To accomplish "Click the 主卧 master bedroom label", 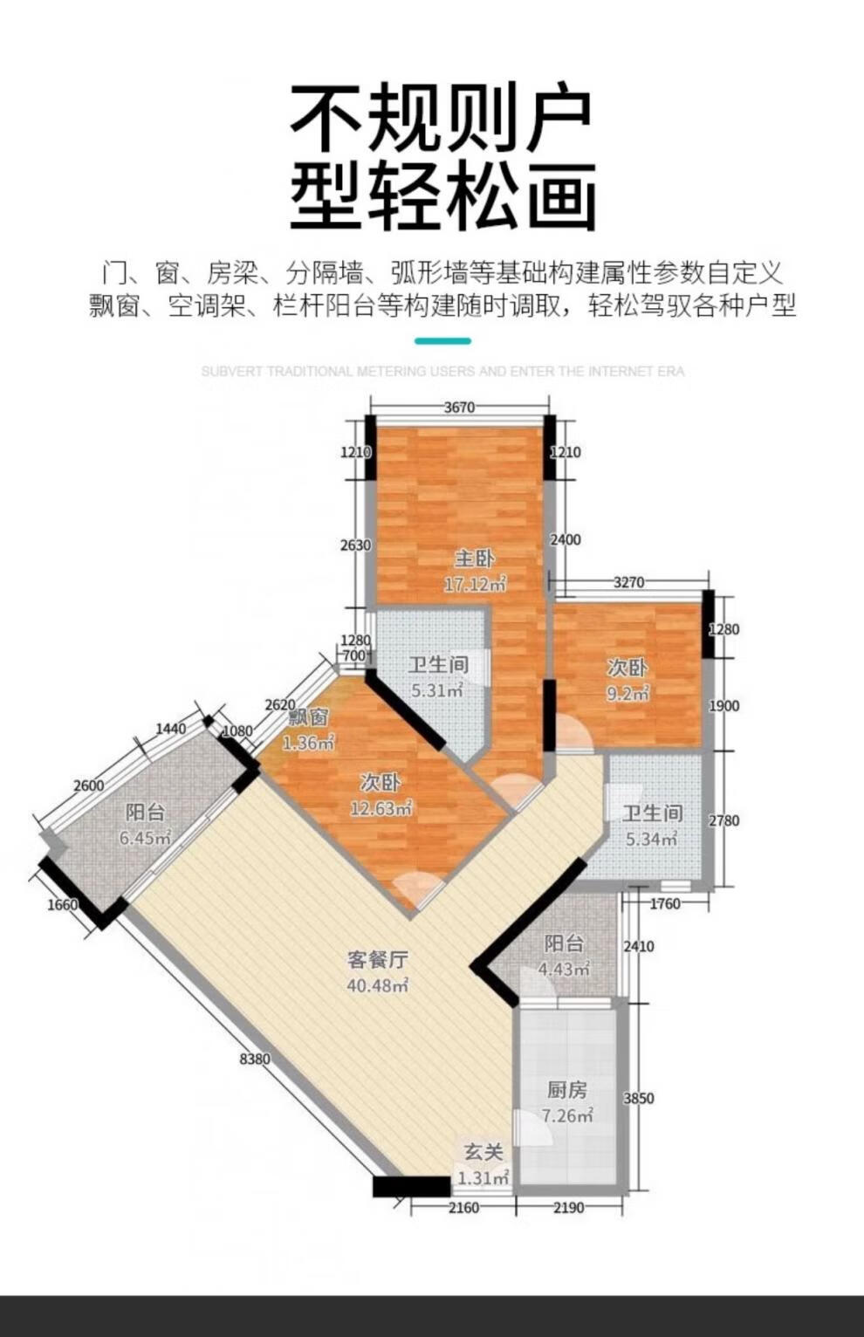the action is (x=475, y=559).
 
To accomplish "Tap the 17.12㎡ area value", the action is (x=476, y=584).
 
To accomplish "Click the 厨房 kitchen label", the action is (x=567, y=1090).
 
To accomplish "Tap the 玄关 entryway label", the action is (x=483, y=1153).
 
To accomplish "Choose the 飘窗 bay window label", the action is (x=308, y=717).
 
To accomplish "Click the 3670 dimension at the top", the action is (x=459, y=407).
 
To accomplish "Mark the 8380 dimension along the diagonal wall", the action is (x=255, y=1059).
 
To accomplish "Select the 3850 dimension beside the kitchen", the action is (x=639, y=1098).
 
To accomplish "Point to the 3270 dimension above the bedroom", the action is (x=629, y=582).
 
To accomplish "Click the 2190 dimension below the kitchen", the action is (x=569, y=1208).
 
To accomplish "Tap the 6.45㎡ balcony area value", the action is (x=146, y=838).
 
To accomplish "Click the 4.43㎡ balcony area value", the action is (x=565, y=969).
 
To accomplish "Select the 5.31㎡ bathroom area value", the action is (x=438, y=691).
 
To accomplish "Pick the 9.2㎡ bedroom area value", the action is (x=627, y=694).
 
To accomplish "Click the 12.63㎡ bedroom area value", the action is (x=381, y=809).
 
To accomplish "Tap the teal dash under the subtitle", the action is (x=442, y=341).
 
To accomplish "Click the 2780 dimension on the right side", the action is (x=723, y=820).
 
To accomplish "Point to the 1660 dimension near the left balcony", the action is (x=63, y=905).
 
